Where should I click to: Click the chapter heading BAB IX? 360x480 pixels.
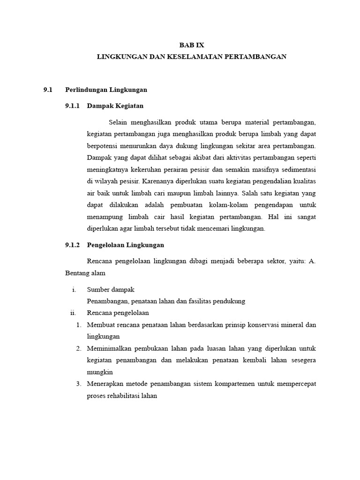[x=192, y=45]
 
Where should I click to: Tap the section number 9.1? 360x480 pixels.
[x=48, y=90]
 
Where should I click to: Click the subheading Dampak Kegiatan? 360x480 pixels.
[x=115, y=106]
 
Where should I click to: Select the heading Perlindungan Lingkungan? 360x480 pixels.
[x=106, y=90]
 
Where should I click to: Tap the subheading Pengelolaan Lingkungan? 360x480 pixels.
[x=126, y=245]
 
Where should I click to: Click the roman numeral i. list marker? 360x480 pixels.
[x=74, y=290]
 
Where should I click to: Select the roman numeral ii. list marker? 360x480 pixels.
[x=73, y=313]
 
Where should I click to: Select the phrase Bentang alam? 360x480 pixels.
[x=85, y=273]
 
